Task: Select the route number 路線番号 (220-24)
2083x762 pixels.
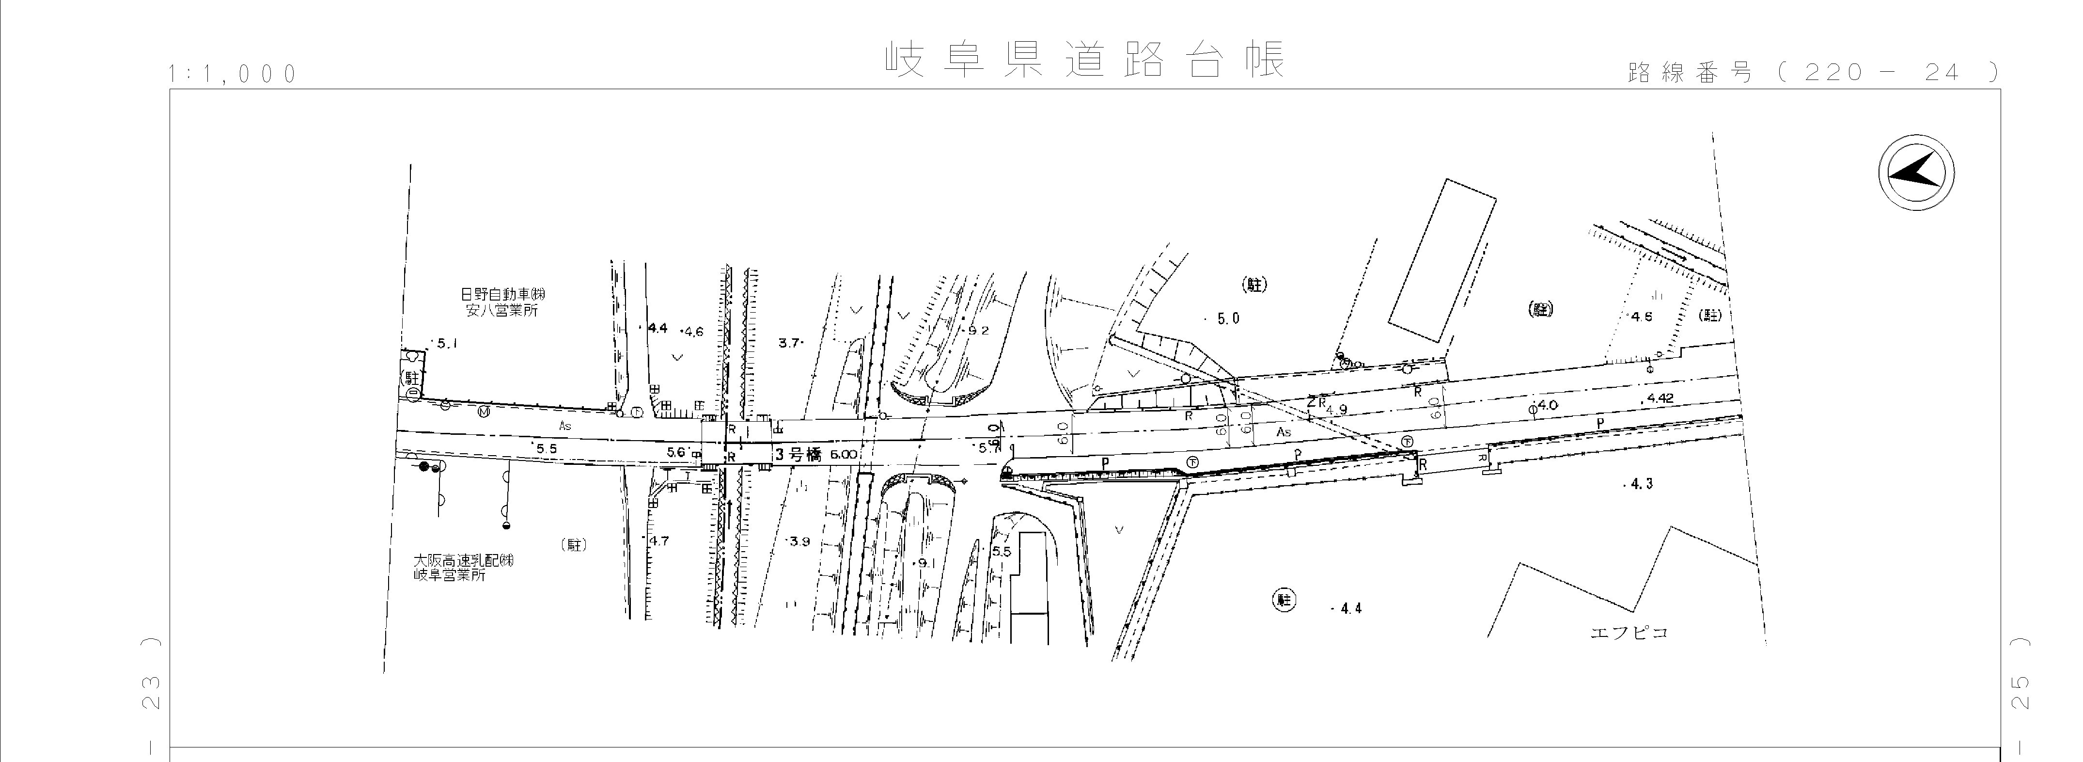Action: (x=1811, y=73)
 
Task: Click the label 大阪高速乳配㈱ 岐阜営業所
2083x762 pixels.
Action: (x=463, y=567)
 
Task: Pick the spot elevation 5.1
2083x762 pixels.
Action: (x=446, y=344)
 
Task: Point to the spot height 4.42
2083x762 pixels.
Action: (x=1660, y=398)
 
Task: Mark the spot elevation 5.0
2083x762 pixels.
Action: (x=1227, y=319)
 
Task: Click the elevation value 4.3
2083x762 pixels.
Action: (x=1641, y=484)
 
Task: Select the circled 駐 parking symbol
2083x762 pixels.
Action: (x=1283, y=600)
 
